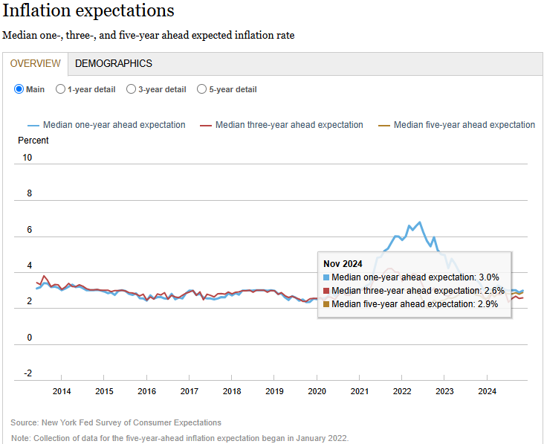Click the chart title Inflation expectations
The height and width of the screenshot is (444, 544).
pos(88,11)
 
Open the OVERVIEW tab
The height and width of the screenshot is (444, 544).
pos(36,64)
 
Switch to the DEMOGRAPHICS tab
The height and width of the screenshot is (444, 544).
pos(114,64)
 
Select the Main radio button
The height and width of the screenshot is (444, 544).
pos(19,89)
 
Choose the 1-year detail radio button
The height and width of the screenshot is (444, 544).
pos(61,89)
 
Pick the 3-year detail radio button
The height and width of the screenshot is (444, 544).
pos(132,89)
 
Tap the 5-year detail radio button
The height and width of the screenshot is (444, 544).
pos(202,89)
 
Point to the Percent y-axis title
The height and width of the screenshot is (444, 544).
pos(33,141)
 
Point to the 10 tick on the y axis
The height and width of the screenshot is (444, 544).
pos(27,158)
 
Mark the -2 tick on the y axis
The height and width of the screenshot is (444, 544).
pos(27,373)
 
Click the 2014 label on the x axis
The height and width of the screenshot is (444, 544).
pos(62,391)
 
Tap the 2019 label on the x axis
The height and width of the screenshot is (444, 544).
pos(275,391)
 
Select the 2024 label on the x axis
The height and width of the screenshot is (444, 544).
pos(488,391)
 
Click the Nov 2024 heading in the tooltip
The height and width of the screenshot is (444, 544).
pos(343,263)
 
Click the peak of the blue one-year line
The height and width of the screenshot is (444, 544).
pos(420,222)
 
